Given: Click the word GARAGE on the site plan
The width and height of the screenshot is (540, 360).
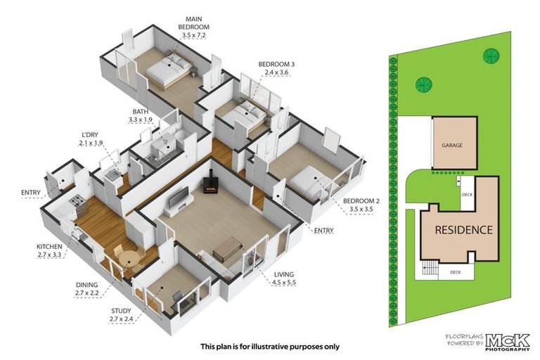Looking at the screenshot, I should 454,144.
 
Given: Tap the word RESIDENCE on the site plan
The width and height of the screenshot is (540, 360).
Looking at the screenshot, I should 463,230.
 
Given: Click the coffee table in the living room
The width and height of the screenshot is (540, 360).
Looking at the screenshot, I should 228,247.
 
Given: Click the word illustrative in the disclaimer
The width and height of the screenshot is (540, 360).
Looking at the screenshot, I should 272,346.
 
